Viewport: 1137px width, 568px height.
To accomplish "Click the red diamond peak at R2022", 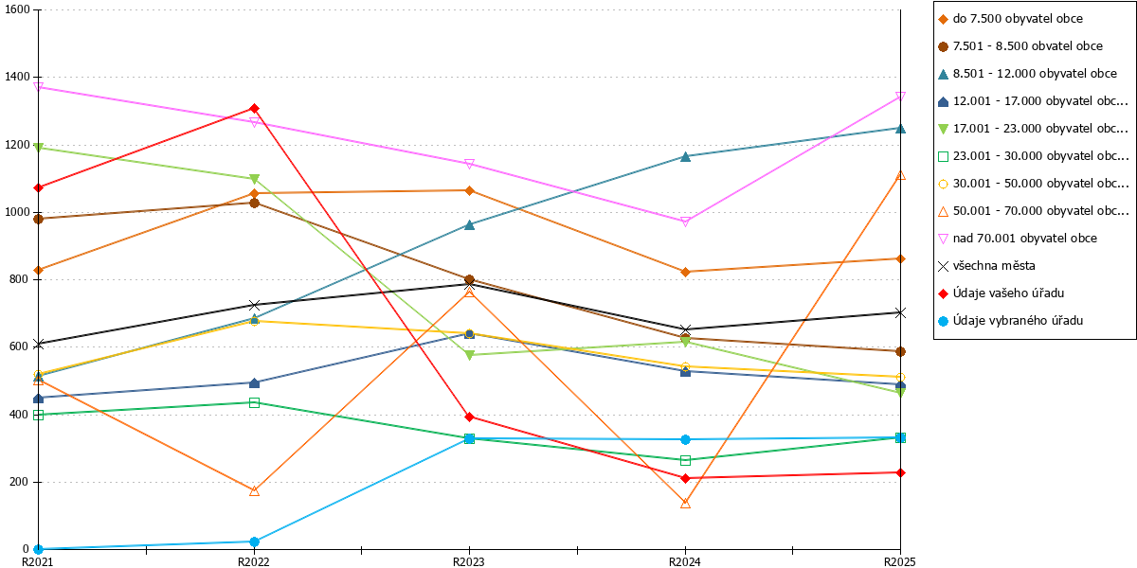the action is point(254,109).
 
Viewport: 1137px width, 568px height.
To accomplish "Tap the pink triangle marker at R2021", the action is point(38,87).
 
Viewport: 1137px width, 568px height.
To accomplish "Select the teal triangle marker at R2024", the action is point(685,157).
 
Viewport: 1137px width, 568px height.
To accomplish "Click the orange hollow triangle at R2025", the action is point(900,175).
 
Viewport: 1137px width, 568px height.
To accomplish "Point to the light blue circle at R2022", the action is point(254,541).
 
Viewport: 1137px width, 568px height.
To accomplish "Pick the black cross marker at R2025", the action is point(900,312).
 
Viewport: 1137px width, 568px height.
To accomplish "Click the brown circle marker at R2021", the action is point(38,219).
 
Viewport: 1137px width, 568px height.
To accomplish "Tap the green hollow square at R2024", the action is point(685,460).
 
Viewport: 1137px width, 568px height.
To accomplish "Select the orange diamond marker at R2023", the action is point(470,190).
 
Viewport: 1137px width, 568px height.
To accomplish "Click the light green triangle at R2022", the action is point(254,179).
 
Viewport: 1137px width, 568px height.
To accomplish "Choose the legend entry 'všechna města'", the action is point(994,266).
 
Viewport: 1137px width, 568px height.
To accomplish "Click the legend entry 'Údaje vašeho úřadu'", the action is point(1008,293).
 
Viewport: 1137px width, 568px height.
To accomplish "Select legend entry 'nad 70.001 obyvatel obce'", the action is point(1025,239).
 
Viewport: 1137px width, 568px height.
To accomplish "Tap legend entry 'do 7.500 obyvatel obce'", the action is point(1018,19).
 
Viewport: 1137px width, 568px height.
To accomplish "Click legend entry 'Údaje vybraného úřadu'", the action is point(1018,321).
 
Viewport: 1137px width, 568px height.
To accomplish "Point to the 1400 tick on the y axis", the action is point(17,77).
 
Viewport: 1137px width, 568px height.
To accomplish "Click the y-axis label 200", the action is point(19,482).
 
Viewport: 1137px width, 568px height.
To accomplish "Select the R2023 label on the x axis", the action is point(468,561).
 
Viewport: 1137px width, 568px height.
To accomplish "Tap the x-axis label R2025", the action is point(899,561).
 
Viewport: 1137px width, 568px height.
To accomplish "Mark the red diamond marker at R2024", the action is point(685,478).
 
